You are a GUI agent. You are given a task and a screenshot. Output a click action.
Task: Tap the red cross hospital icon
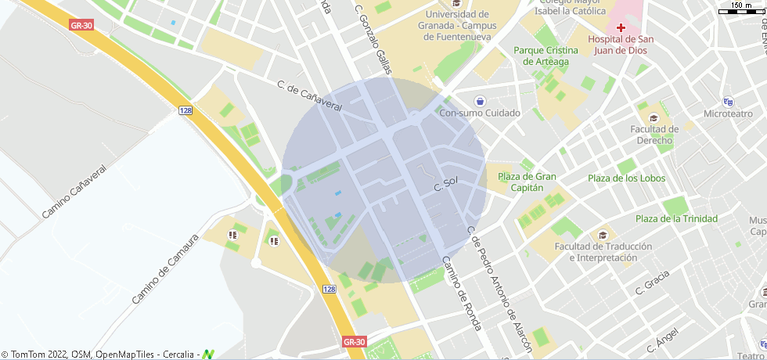coord(621,27)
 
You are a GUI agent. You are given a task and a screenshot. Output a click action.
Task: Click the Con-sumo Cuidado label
coord(480,113)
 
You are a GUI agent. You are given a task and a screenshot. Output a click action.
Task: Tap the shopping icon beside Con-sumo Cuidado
coord(480,101)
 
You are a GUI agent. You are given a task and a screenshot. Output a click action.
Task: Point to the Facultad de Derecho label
coord(654,135)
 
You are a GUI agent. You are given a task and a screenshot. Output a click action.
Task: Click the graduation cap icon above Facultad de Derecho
coord(654,117)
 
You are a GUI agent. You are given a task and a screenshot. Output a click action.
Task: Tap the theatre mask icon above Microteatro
coord(728,101)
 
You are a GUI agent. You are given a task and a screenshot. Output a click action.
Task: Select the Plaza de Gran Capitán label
coord(527,182)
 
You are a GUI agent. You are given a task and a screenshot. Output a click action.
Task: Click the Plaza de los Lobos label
coord(627,178)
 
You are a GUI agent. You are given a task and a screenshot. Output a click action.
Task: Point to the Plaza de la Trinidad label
coord(676,219)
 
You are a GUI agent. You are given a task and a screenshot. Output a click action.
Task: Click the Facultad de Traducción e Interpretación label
coord(603,252)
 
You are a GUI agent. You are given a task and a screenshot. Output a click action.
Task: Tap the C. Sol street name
coord(445,185)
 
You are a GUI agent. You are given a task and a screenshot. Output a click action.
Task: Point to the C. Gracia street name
coord(653,283)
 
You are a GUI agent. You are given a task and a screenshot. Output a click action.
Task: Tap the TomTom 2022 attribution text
coord(34,355)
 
